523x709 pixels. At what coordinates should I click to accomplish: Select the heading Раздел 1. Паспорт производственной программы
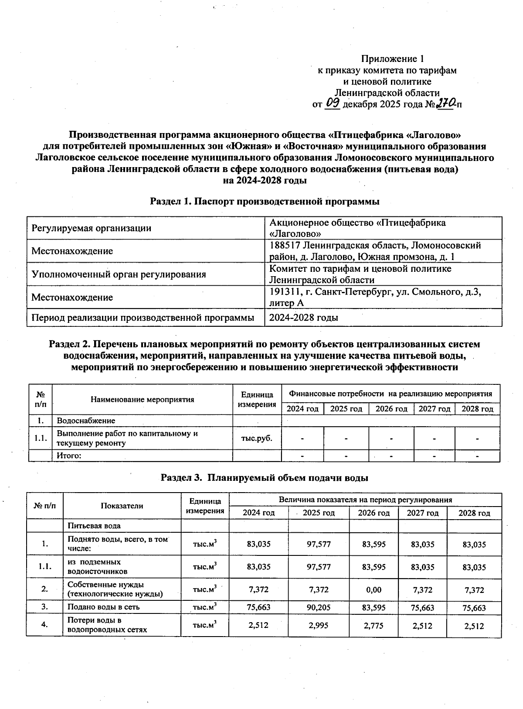tap(265, 202)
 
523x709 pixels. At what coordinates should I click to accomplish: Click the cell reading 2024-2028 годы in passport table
tap(303, 318)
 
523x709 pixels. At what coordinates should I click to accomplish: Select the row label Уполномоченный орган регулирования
tap(119, 274)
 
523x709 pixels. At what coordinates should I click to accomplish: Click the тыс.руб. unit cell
tap(257, 438)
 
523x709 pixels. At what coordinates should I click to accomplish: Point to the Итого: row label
tap(70, 456)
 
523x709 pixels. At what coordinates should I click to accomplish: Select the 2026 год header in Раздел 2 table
tap(391, 409)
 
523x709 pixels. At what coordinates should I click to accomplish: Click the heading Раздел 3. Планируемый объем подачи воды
tap(265, 477)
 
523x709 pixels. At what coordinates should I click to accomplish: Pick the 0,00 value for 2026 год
tap(374, 590)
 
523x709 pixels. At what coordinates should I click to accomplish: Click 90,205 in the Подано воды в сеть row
tap(319, 607)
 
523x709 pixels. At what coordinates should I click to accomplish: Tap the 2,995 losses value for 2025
tap(319, 626)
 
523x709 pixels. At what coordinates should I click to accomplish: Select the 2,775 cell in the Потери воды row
tap(374, 626)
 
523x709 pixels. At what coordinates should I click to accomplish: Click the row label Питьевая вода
tap(94, 526)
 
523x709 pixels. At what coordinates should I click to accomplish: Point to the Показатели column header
tap(122, 506)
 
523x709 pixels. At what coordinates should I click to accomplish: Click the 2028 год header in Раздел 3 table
tap(474, 513)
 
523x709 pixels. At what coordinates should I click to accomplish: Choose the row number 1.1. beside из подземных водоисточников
tap(44, 567)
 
